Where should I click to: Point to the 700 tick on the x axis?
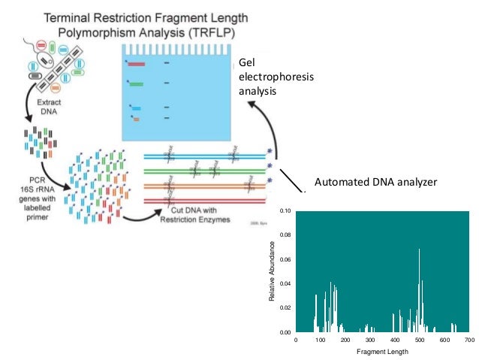click(x=469, y=340)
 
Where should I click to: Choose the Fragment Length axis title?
click(x=382, y=351)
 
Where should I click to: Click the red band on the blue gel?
click(x=136, y=64)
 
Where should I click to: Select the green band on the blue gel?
click(x=137, y=84)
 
